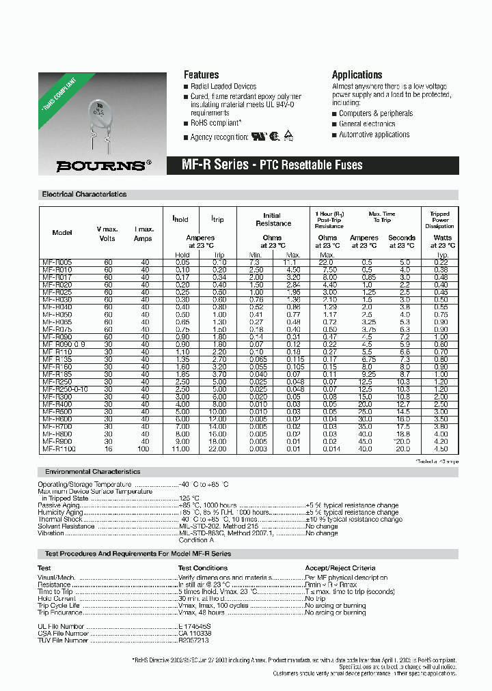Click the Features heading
coord(202,74)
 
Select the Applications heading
coord(357,74)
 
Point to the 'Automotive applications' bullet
coord(374,135)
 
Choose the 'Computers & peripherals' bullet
coord(375,113)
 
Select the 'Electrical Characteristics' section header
coord(84,195)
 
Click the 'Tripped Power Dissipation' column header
coord(439,220)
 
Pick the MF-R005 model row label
coord(57,262)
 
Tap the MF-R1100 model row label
coord(59,448)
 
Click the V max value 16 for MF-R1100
coord(108,448)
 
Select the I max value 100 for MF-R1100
coord(144,448)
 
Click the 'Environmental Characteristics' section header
coord(92,472)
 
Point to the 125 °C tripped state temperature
coord(189,498)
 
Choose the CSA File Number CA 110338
coord(195,633)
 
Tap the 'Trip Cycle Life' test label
coord(59,606)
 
